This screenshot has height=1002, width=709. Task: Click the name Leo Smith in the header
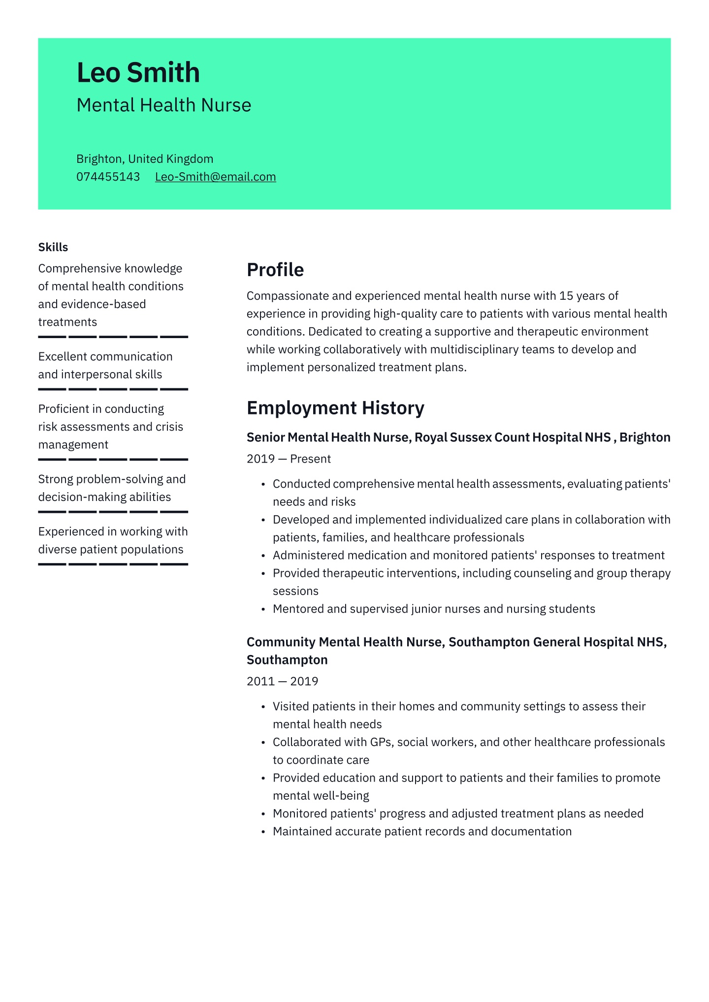pos(138,73)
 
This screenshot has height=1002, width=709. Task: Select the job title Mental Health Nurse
pos(164,105)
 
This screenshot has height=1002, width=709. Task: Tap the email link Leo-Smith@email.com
pos(215,177)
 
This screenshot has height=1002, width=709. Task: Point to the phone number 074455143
pos(108,177)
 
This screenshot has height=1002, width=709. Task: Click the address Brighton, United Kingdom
pos(145,159)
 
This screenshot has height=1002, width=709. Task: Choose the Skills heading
pos(53,247)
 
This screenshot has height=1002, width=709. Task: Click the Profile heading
pos(275,270)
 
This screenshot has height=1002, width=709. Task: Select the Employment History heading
pos(335,408)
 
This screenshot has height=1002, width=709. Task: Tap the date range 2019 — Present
pos(289,459)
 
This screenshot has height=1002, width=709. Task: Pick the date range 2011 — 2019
pos(282,681)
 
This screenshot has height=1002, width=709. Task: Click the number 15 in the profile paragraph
pos(566,296)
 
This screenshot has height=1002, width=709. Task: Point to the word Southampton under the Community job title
pos(287,660)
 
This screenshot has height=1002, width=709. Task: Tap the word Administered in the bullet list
pos(308,556)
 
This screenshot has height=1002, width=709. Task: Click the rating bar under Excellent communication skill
pos(113,389)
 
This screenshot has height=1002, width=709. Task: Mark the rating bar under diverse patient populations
pos(113,564)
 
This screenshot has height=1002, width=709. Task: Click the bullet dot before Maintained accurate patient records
pos(264,832)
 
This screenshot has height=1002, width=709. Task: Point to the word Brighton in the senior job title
pos(645,438)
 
